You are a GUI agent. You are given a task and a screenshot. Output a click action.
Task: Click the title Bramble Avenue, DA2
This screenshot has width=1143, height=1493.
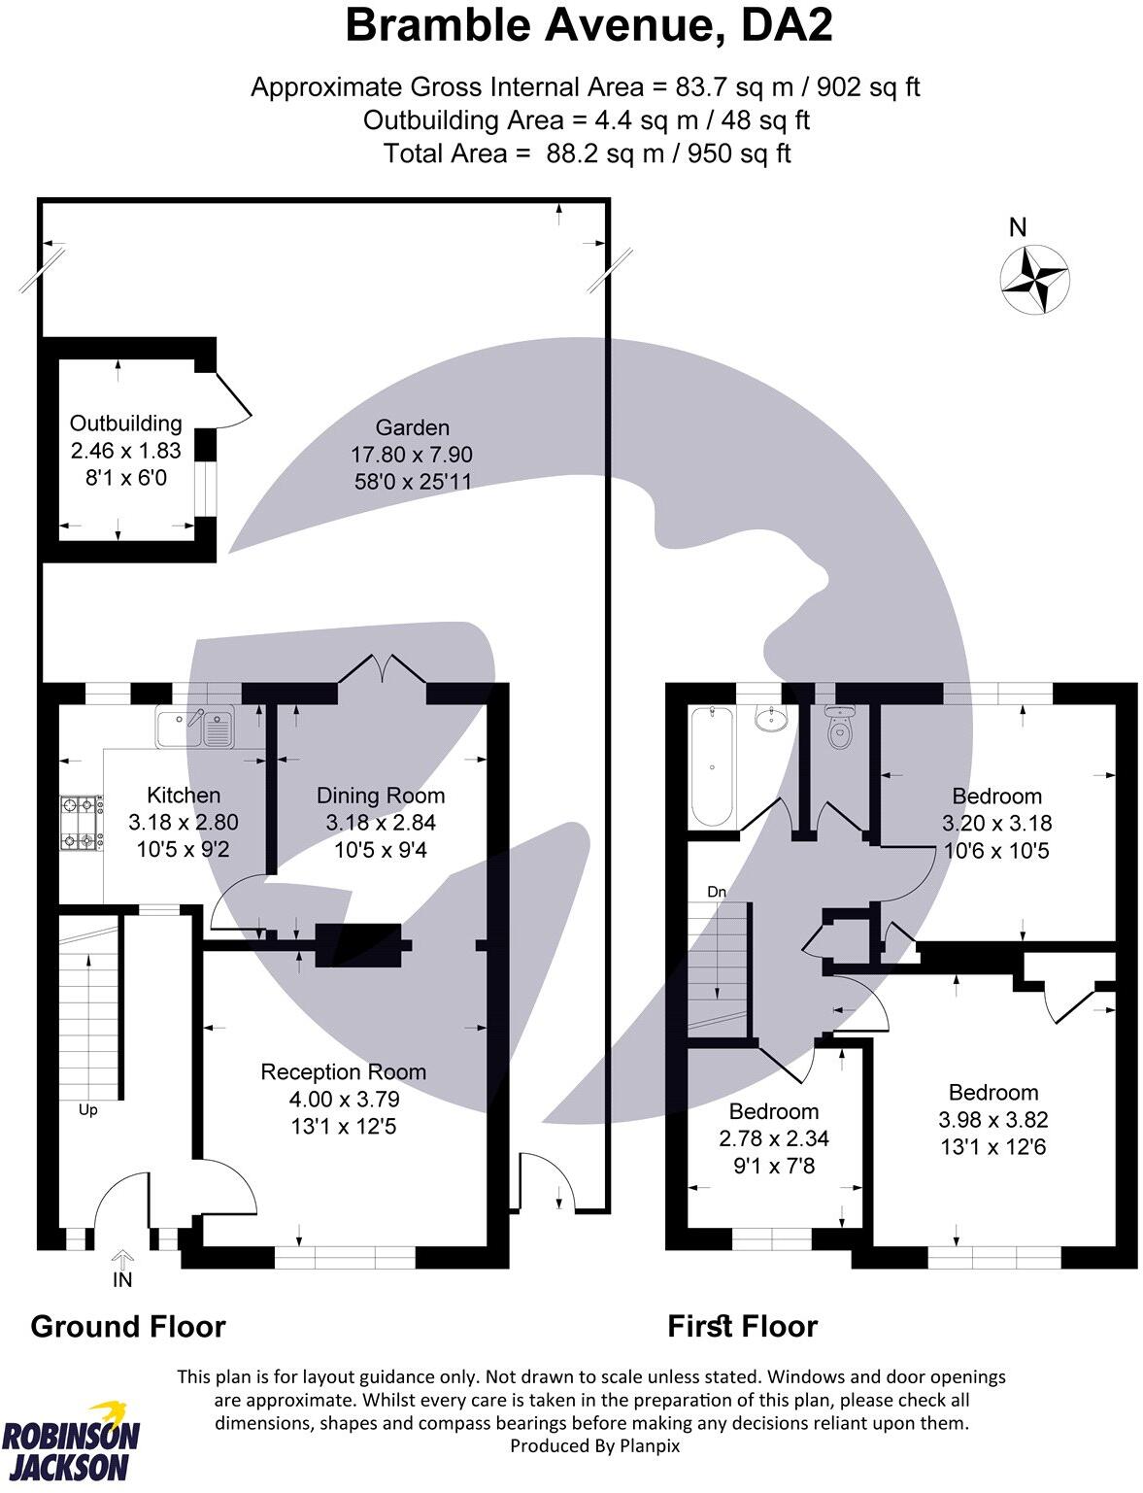point(588,26)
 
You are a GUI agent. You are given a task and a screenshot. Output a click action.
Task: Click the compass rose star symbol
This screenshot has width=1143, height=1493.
point(1034,280)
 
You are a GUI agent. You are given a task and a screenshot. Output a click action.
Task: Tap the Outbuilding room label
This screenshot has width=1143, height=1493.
point(125,424)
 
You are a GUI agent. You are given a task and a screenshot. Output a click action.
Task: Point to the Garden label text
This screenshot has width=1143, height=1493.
point(413,427)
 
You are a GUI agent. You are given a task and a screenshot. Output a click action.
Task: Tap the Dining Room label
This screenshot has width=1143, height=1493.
point(381,796)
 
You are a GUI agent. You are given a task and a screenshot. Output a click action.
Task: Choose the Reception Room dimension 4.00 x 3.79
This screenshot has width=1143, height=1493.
point(344,1100)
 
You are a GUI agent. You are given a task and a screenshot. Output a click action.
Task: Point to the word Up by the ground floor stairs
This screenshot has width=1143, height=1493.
point(87,1109)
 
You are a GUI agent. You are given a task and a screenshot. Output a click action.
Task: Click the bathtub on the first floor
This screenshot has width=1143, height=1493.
point(714,767)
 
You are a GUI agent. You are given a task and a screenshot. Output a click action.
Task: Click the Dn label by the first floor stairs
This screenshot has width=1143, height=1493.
point(717,892)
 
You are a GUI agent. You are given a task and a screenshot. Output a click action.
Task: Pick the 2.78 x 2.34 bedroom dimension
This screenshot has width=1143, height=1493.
point(774,1138)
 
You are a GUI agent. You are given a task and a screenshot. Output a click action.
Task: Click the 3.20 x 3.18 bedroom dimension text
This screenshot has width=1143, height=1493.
point(996,824)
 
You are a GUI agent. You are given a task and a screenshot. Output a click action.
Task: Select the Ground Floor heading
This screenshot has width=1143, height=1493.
point(128,1327)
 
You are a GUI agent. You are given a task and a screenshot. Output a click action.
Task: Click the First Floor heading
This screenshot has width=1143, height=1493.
point(742,1327)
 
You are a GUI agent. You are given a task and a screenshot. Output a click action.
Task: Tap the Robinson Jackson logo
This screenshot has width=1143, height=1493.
point(71,1441)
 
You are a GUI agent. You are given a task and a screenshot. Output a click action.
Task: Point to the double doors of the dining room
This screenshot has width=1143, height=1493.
point(382,670)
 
